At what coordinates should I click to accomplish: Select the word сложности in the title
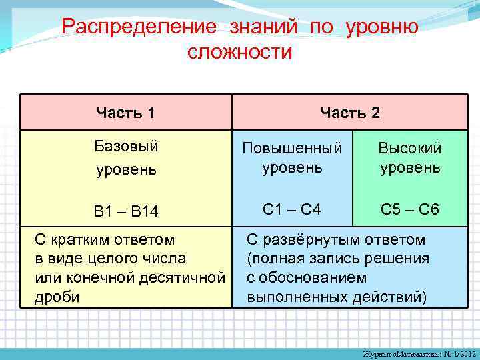[240, 52]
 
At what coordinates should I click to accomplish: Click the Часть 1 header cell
[125, 113]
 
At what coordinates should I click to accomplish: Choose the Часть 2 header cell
[350, 113]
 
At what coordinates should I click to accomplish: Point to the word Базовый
[126, 146]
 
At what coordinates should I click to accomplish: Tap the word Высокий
[410, 147]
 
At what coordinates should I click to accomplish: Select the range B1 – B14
[126, 212]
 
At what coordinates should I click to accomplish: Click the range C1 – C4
[292, 209]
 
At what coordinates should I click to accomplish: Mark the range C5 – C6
[410, 209]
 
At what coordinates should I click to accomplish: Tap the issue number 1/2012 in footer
[461, 352]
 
